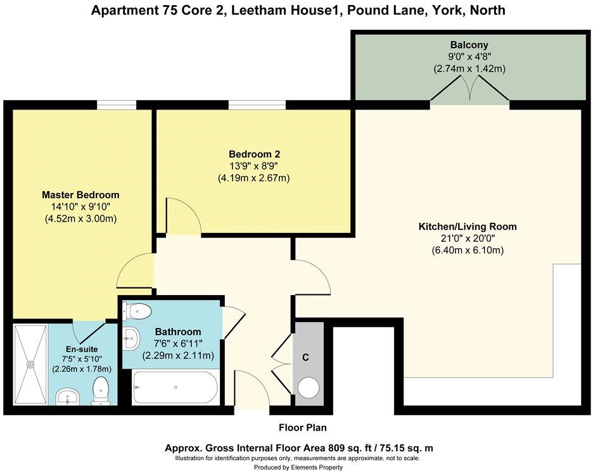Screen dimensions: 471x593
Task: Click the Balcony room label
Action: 469,45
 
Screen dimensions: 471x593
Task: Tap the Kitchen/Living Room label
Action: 468,227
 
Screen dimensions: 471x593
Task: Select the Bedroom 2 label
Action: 254,154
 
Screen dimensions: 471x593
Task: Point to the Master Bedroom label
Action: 80,194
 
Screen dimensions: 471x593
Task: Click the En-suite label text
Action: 81,349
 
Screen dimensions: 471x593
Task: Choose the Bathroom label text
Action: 178,332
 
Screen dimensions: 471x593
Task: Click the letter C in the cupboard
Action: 305,358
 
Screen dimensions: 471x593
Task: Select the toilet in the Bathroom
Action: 137,311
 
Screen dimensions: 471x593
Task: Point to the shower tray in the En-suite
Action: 30,364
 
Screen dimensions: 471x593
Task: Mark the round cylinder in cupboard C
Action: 309,387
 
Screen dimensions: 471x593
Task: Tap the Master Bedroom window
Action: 117,105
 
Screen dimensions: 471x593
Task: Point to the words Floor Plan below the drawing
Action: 302,427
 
